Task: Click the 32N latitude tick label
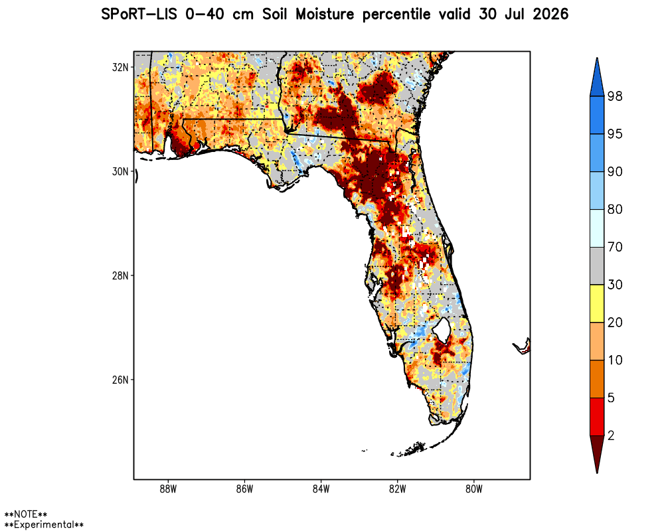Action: (x=120, y=67)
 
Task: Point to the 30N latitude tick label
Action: (x=120, y=171)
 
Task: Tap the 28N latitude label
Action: (x=120, y=275)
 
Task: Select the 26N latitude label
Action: (x=120, y=380)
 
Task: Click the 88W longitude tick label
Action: (x=168, y=489)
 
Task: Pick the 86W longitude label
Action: (x=244, y=489)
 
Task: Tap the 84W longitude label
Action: (x=321, y=489)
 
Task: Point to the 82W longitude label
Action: (x=397, y=489)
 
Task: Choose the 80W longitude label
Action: (x=474, y=489)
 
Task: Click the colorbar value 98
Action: (x=615, y=96)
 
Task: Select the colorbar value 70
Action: (x=615, y=247)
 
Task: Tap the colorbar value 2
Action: (x=611, y=435)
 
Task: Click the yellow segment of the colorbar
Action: (x=597, y=303)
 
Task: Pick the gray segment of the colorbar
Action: (x=597, y=266)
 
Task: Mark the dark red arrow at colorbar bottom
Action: (x=597, y=453)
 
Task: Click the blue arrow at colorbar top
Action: (x=597, y=78)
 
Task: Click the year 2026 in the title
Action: (x=550, y=15)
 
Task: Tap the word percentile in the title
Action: (x=396, y=15)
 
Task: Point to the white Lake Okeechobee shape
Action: (x=442, y=328)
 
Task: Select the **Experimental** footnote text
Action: (x=44, y=524)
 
